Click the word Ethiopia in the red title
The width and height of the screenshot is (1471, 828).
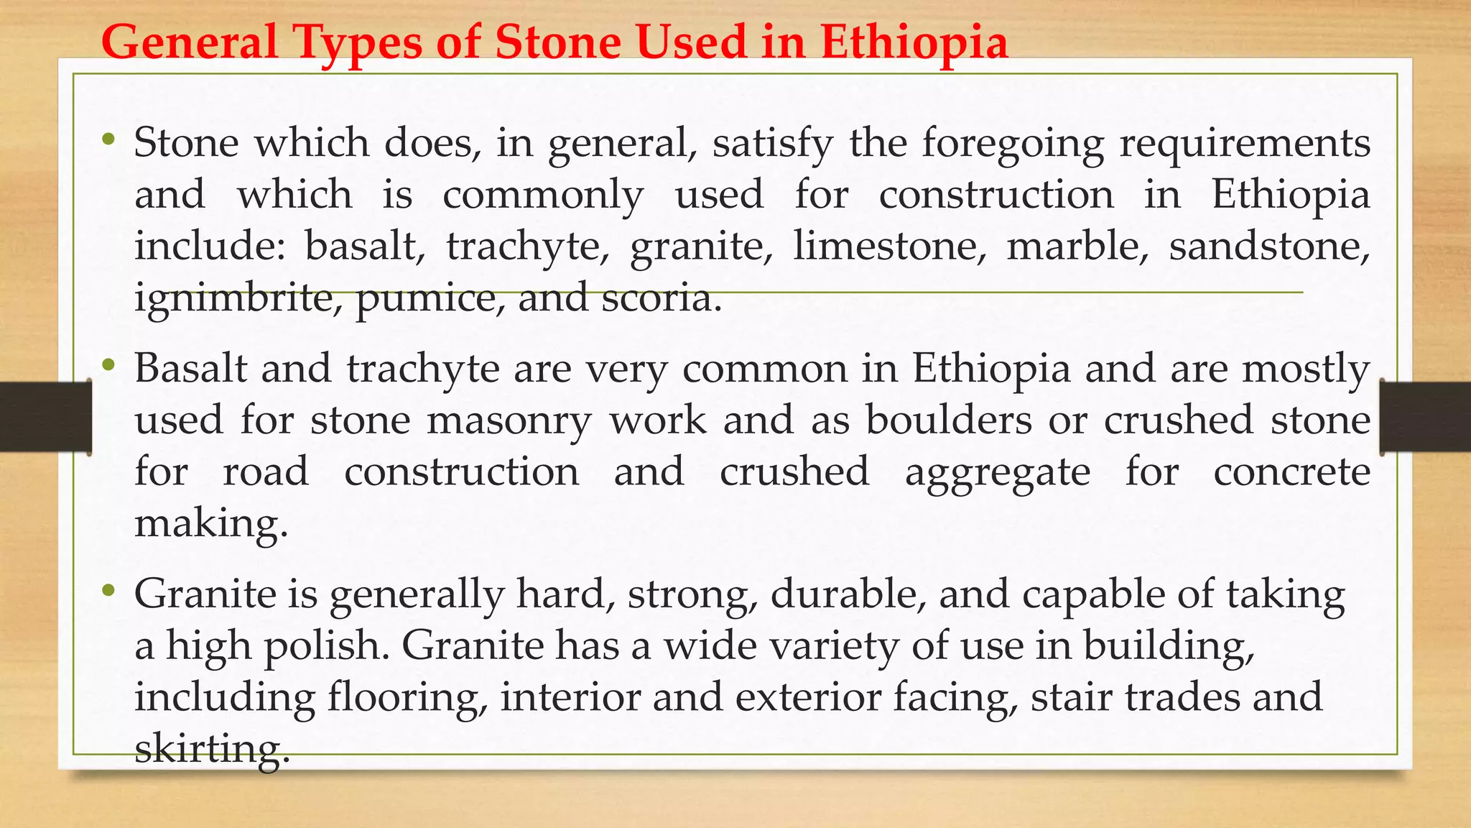(914, 42)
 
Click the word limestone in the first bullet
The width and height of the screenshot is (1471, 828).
(890, 246)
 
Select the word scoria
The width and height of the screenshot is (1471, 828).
(661, 298)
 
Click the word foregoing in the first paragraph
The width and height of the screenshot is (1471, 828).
(1013, 143)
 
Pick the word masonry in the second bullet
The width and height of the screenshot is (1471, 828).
(509, 420)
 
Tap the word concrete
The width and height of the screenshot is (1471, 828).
(1291, 472)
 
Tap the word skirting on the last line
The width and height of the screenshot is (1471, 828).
(211, 750)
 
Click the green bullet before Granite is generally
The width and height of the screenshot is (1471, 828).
(108, 591)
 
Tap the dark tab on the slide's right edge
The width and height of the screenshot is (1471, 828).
(1425, 418)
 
